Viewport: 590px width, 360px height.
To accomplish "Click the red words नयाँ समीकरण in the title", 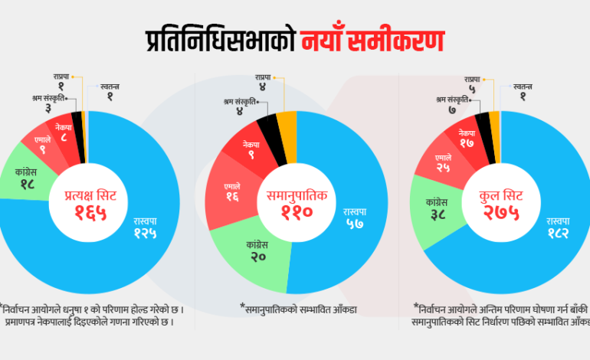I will [372, 41].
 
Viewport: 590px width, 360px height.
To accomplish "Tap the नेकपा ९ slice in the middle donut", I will [251, 149].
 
